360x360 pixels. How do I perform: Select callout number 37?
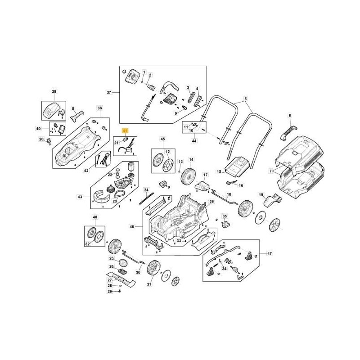[108, 93]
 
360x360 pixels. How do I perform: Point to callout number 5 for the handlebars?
[246, 99]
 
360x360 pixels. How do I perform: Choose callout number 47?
[270, 254]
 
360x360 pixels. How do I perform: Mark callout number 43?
[80, 197]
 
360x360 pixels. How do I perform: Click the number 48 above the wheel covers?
[94, 217]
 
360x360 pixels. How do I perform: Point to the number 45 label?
[163, 139]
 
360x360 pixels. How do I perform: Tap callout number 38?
[99, 108]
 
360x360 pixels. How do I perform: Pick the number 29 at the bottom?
[109, 292]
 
